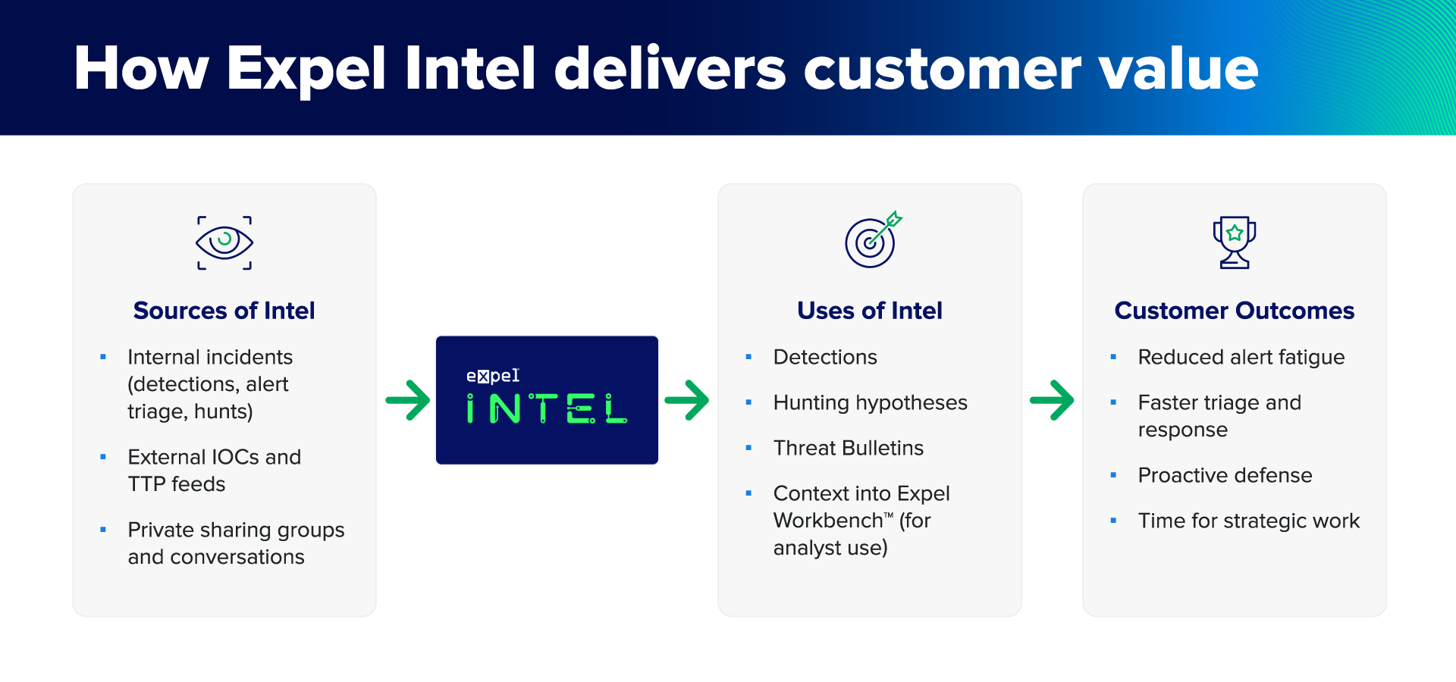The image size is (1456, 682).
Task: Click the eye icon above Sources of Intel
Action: point(224,242)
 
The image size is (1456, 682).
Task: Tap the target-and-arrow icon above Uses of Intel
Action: point(872,240)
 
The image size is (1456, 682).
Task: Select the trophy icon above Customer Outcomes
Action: point(1234,242)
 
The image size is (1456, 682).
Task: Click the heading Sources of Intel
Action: point(224,311)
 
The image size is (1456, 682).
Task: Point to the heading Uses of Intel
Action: point(869,311)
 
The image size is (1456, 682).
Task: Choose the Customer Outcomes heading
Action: point(1234,311)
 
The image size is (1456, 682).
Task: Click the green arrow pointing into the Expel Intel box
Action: point(408,400)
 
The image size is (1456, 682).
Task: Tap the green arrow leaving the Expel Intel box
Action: point(687,400)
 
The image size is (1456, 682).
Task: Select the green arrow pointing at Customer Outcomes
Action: point(1052,400)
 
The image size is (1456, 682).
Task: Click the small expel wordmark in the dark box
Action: point(493,376)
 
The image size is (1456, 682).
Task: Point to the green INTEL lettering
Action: point(546,409)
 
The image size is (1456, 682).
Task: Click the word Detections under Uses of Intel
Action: point(825,357)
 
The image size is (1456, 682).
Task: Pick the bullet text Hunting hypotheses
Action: point(870,402)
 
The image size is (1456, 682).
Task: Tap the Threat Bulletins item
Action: point(848,448)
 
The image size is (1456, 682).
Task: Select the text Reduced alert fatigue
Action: point(1241,357)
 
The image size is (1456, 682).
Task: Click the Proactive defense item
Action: point(1225,475)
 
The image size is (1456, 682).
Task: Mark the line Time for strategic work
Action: point(1248,521)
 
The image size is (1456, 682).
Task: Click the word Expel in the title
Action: point(306,70)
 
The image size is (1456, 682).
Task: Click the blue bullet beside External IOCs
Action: point(103,457)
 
